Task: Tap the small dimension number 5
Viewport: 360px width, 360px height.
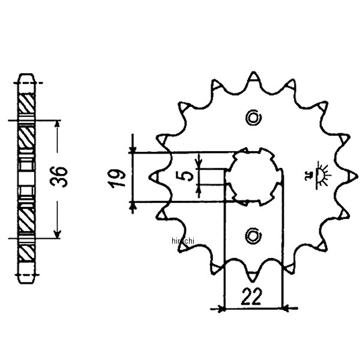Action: click(187, 175)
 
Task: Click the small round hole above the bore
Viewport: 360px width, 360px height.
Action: click(253, 117)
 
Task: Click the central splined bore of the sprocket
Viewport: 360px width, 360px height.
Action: click(253, 175)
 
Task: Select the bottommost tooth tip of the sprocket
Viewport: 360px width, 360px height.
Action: click(253, 277)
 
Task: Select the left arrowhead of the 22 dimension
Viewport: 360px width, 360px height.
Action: click(221, 310)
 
